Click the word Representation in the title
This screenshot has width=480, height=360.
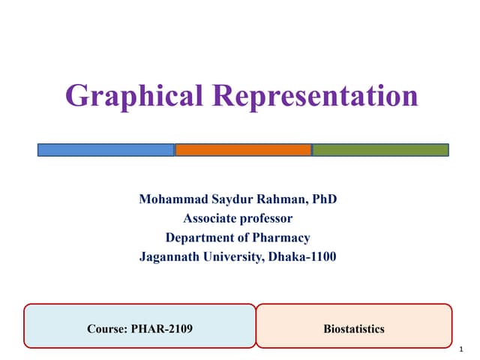[x=313, y=95]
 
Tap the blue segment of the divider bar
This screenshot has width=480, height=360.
[x=106, y=150]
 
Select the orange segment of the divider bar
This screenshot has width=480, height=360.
[x=243, y=150]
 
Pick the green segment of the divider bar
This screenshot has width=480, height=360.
[x=380, y=150]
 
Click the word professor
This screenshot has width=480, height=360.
[x=268, y=219]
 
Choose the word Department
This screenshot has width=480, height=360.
[x=199, y=238]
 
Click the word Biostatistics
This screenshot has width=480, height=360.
[x=354, y=328]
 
